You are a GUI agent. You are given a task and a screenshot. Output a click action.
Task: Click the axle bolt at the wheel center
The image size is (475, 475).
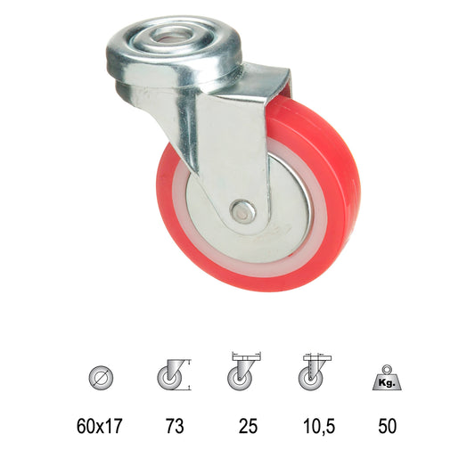tap(242, 210)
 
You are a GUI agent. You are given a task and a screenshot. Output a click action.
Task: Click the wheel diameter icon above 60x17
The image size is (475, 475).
tap(100, 377)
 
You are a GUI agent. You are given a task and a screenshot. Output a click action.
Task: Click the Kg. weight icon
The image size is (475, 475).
tap(386, 379)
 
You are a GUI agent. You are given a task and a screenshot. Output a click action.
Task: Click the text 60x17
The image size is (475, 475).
tap(100, 426)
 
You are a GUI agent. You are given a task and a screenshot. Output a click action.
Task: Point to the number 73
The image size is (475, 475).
tap(174, 426)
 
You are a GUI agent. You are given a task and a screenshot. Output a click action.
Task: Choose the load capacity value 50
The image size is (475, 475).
tap(387, 426)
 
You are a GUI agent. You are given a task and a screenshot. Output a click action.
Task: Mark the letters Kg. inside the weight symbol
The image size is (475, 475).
tap(386, 383)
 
